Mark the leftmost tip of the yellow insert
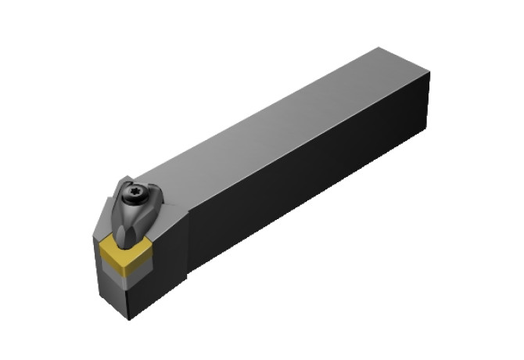[x=101, y=250]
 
